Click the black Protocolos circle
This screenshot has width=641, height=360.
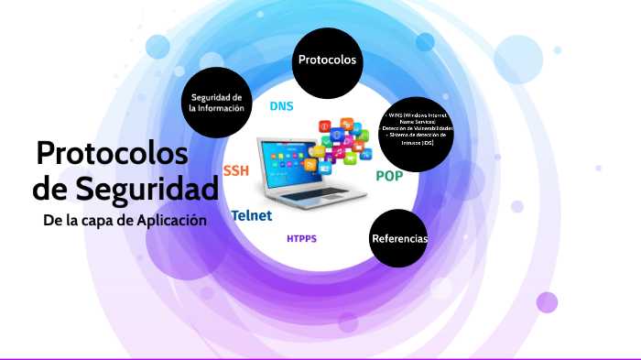[327, 60]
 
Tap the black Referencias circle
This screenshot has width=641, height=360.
[399, 238]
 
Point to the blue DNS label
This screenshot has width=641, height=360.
[281, 106]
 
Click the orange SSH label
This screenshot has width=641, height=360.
[235, 170]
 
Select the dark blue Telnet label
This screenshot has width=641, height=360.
[251, 216]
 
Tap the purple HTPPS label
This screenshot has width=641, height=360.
[301, 238]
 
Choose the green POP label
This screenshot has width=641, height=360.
[389, 176]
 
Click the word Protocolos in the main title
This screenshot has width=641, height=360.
[112, 152]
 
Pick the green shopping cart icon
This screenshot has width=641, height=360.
[351, 158]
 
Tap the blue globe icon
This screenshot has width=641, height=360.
[337, 135]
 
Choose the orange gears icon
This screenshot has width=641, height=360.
[348, 123]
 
